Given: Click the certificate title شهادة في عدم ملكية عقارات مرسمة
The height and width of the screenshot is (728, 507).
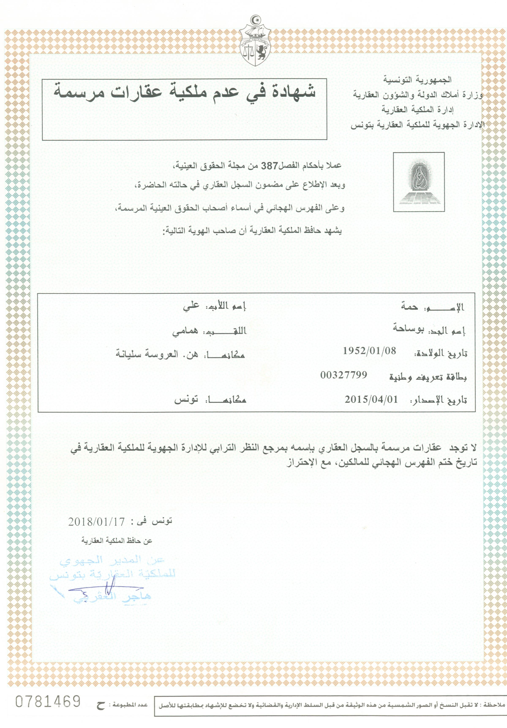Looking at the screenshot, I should (184, 91).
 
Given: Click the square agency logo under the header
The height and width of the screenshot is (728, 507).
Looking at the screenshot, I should (418, 182).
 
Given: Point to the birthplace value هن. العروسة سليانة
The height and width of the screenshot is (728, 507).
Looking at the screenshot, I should (157, 354).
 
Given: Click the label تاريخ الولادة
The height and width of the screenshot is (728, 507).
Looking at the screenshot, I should (441, 354).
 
